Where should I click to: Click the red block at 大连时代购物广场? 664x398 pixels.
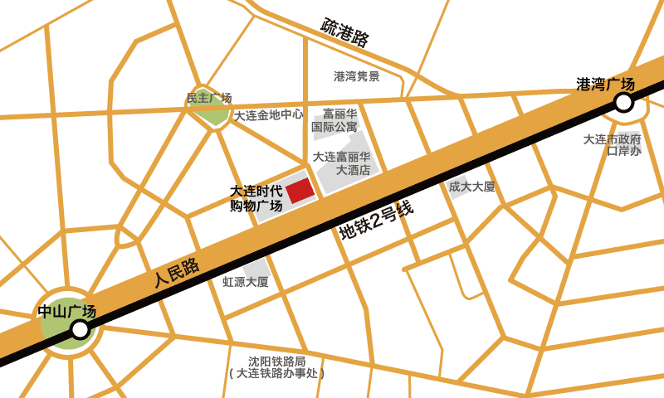point(300,190)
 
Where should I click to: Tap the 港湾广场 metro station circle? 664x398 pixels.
point(622,102)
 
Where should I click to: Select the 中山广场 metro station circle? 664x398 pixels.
point(80,329)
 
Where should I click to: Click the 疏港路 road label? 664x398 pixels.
point(345,32)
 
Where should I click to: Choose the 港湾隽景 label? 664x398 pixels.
point(357,76)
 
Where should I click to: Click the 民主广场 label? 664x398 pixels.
point(208,98)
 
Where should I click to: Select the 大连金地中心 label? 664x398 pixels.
point(268,115)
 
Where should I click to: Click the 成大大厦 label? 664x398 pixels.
point(471,187)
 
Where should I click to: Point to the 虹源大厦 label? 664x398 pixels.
point(246,282)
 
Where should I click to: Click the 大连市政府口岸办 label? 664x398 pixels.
point(613,144)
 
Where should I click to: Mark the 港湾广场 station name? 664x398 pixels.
point(605,84)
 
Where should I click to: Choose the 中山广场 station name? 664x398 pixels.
point(67,312)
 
